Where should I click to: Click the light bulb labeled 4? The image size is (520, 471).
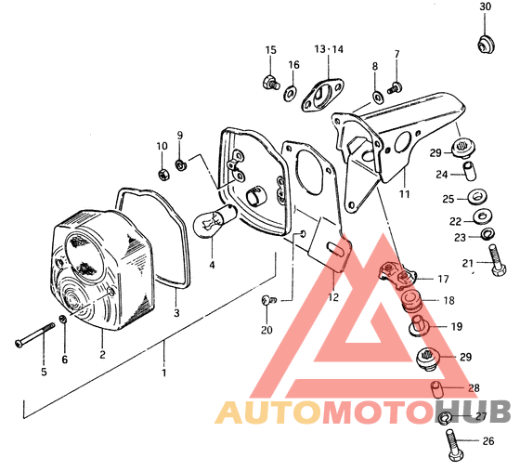(x=214, y=220)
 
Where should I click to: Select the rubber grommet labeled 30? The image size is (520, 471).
(x=486, y=44)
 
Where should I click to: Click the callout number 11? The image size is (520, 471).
(x=404, y=194)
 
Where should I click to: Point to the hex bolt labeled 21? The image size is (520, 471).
(x=496, y=260)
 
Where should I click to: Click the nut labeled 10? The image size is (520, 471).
(x=163, y=174)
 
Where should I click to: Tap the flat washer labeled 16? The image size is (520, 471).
(x=291, y=93)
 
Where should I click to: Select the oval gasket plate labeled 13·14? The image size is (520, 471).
(x=321, y=94)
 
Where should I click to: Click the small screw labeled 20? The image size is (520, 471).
(x=268, y=300)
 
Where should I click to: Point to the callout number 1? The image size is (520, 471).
(x=163, y=373)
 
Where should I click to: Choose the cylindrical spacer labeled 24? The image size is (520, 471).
(x=469, y=171)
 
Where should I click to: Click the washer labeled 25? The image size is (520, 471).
(x=477, y=197)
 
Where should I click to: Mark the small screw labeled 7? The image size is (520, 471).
(x=395, y=87)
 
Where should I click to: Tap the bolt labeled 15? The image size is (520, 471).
(x=270, y=83)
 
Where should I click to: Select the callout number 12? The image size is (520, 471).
(x=333, y=297)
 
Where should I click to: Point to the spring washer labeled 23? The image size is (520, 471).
(x=487, y=233)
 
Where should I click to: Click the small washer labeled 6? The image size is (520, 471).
(x=63, y=320)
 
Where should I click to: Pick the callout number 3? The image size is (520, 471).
(x=176, y=313)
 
